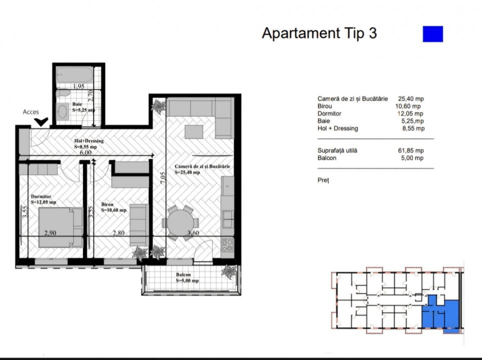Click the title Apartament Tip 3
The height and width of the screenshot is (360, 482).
319,33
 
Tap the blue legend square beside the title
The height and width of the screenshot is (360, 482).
433,34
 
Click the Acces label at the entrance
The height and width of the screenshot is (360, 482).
31,112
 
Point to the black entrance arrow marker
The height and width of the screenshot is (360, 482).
41,122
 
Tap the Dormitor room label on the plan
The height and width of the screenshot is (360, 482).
41,196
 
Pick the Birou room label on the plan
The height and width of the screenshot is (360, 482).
107,204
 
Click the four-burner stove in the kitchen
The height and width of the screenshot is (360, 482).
227,245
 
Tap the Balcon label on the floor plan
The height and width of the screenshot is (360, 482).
183,275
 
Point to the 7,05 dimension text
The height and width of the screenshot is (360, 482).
163,177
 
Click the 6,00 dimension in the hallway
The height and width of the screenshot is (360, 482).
86,152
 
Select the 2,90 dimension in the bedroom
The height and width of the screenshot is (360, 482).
50,233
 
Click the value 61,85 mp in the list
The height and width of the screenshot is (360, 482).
411,150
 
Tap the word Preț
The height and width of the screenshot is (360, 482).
323,180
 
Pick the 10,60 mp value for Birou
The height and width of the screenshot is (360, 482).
408,106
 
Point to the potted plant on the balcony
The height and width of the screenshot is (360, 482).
229,272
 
